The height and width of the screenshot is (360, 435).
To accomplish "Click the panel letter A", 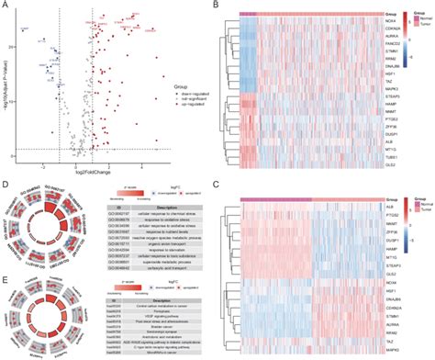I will pyautogui.click(x=6, y=6).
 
